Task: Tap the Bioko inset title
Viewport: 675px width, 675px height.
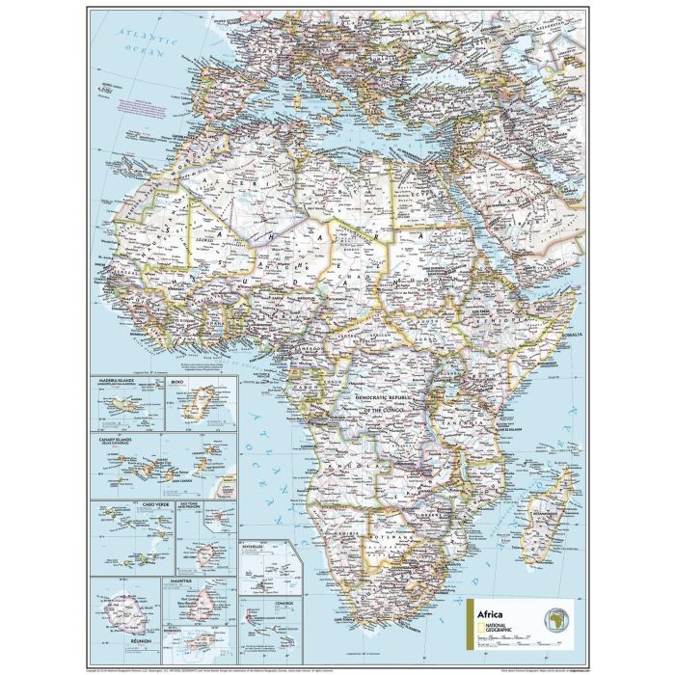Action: point(176,383)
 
